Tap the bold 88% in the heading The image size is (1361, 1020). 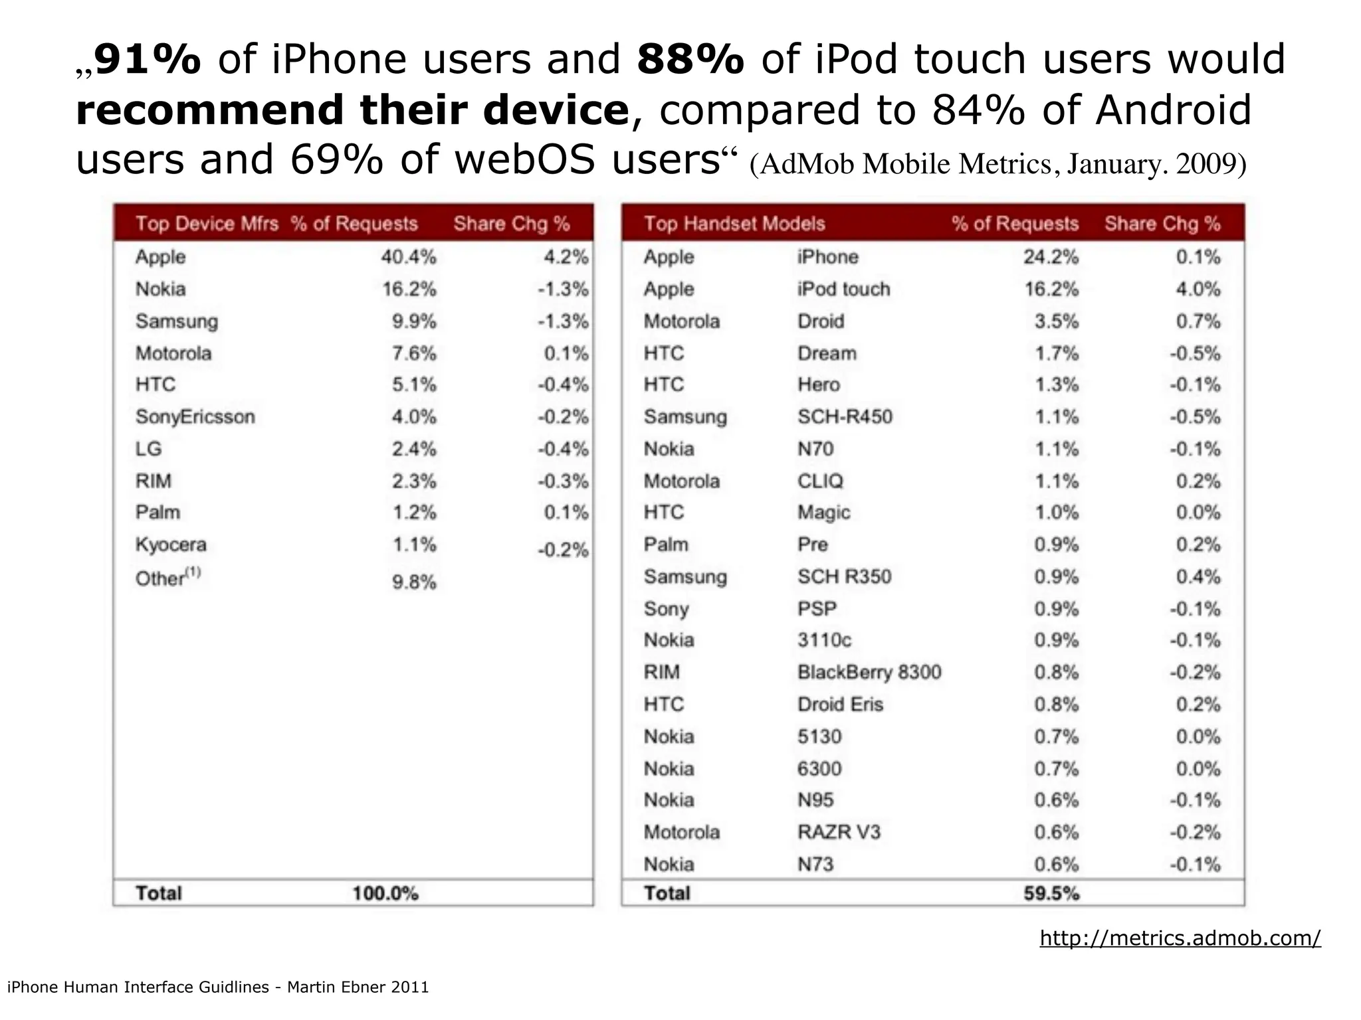pos(690,59)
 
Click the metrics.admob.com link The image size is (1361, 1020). pos(1180,938)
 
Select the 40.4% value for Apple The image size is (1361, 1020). pos(408,257)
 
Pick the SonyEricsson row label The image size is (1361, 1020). pos(195,417)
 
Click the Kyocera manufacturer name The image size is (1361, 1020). pos(171,545)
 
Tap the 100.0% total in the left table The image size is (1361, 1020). pos(385,894)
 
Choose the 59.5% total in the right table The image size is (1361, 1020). pos(1051,894)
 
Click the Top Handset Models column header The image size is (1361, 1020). pos(734,224)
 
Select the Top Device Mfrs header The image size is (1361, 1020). pos(207,224)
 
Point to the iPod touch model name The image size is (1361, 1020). pos(843,290)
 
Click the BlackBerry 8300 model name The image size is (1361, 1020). pos(869,673)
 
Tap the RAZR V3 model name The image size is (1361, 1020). pos(839,832)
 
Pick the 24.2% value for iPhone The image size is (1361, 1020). pos(1051,257)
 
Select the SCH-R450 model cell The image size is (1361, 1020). pos(845,417)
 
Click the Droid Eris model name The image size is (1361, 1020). pos(840,705)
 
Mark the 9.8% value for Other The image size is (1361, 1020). pos(414,582)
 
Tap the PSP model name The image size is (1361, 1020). pos(817,609)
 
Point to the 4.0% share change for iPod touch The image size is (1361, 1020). pos(1198,290)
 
